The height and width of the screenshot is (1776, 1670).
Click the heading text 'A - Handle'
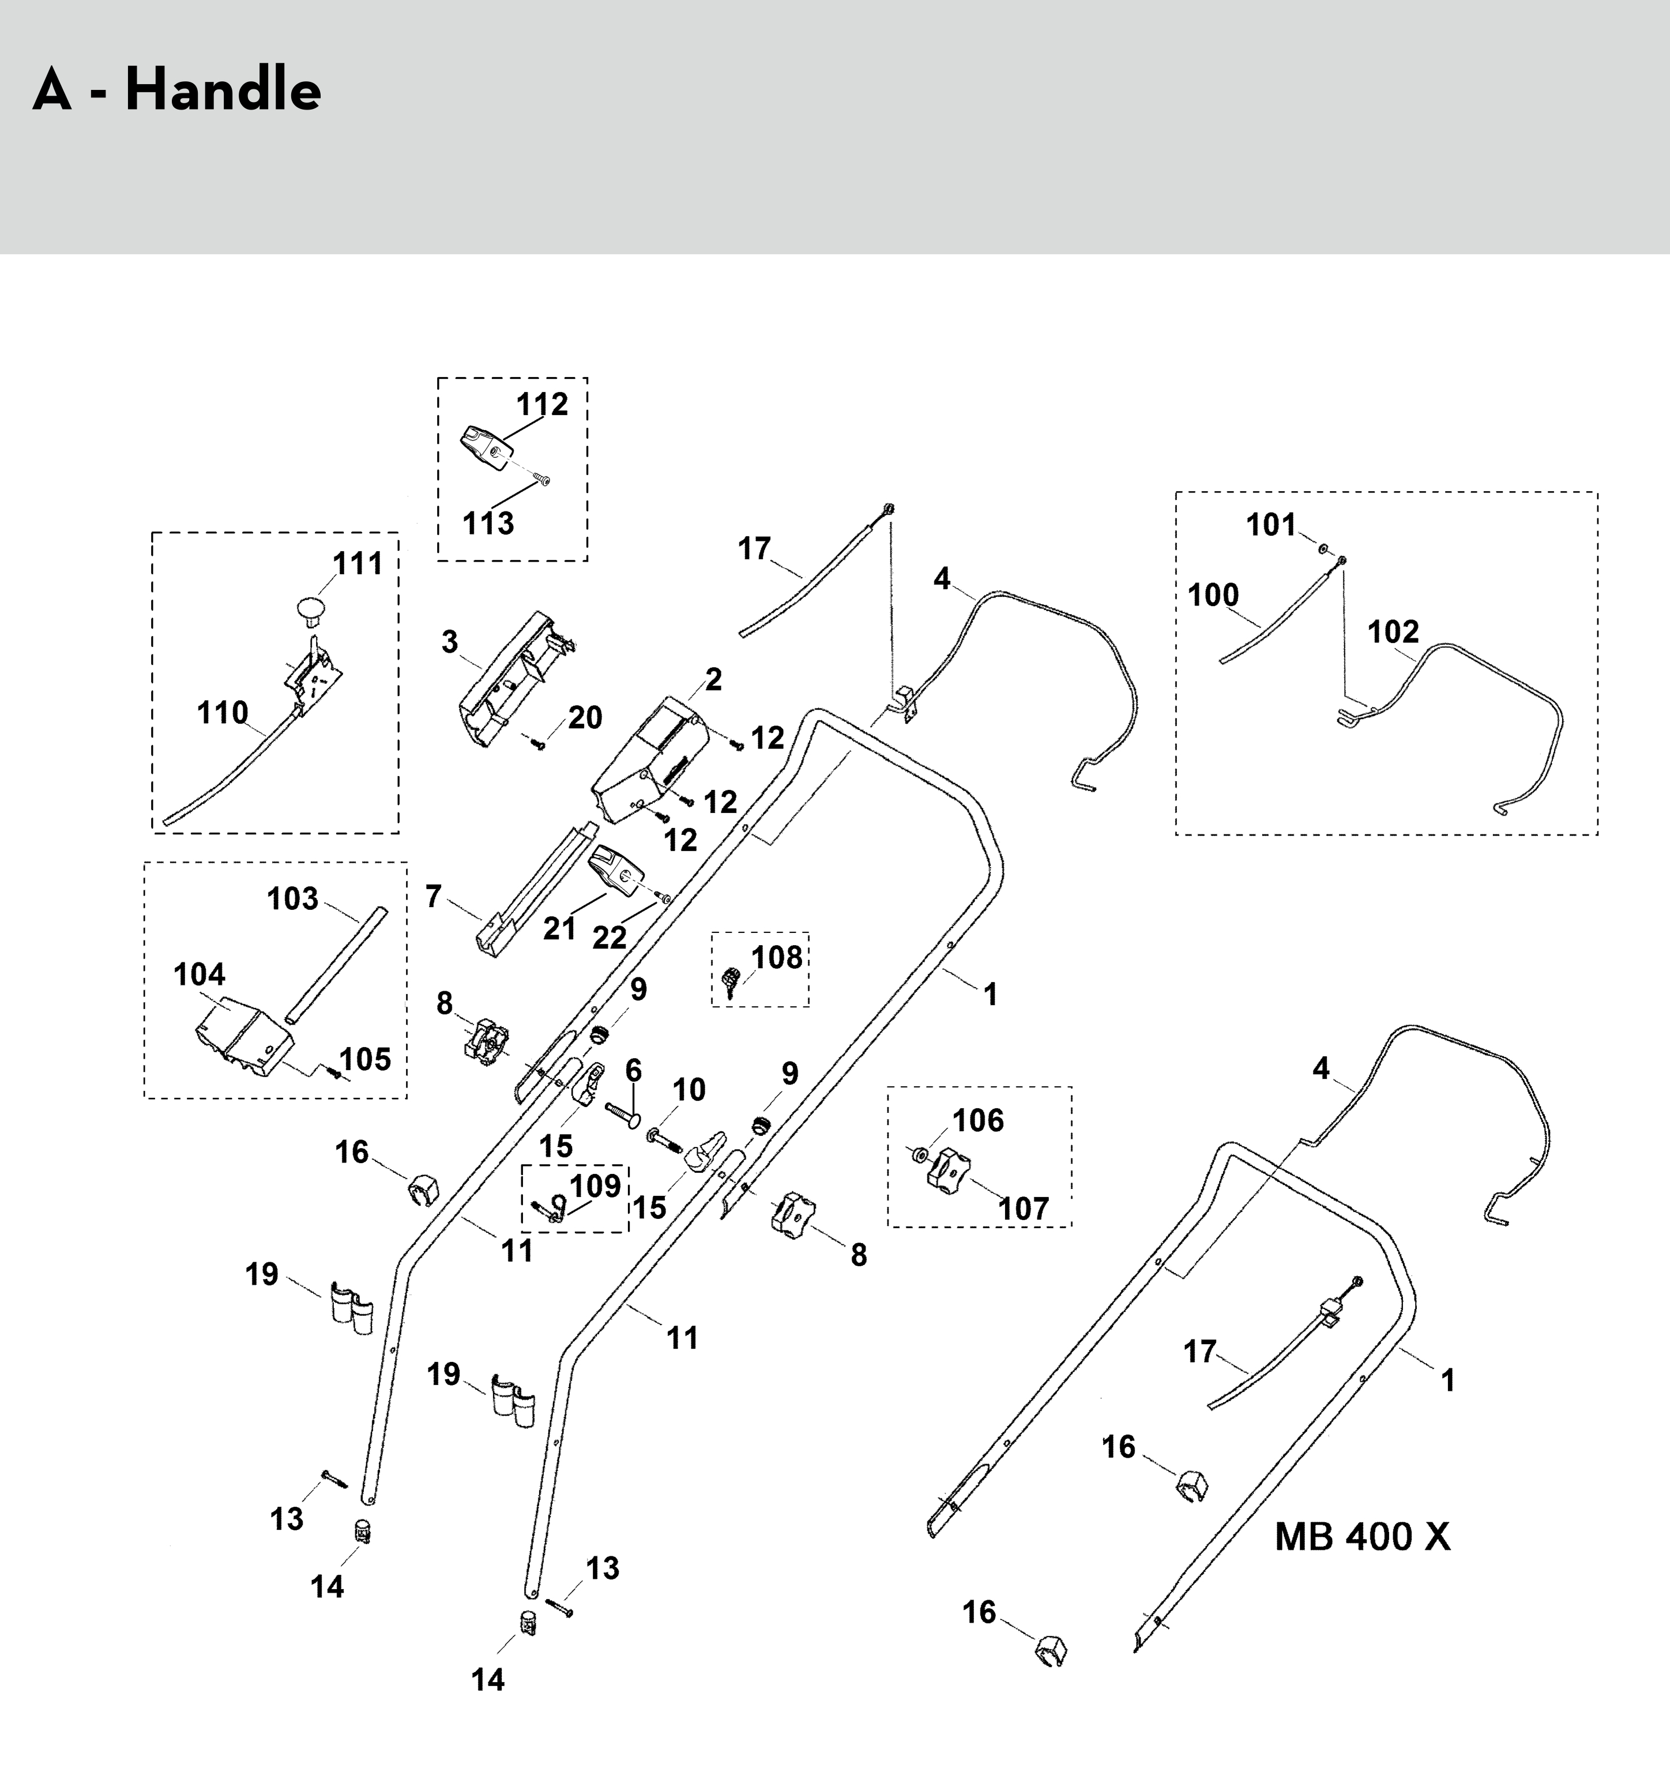pyautogui.click(x=177, y=91)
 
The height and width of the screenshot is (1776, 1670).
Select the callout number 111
pyautogui.click(x=358, y=564)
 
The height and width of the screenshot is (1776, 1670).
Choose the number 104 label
pyautogui.click(x=200, y=974)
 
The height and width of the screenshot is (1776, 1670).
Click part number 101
pyautogui.click(x=1270, y=525)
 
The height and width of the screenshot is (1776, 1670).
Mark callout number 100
pyautogui.click(x=1213, y=595)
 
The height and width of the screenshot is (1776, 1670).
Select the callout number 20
pyautogui.click(x=585, y=717)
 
